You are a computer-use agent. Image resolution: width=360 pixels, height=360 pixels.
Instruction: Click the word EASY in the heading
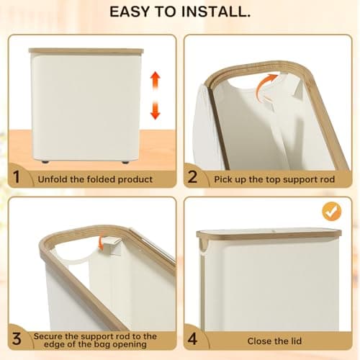(x=130, y=12)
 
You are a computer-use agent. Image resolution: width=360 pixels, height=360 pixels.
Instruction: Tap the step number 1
(x=17, y=177)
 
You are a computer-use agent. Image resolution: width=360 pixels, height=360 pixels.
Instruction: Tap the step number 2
(x=192, y=177)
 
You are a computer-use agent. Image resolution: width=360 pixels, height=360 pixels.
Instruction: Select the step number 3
(x=17, y=339)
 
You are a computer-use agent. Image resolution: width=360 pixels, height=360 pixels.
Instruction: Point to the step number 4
(x=192, y=339)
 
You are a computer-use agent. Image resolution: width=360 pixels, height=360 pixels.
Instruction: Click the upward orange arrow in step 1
(x=156, y=81)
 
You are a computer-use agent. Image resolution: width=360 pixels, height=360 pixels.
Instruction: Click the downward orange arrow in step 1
(x=156, y=110)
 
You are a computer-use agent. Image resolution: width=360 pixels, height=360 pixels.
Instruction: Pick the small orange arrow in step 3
(x=101, y=243)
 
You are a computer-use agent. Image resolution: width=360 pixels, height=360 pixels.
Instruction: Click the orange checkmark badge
(x=332, y=211)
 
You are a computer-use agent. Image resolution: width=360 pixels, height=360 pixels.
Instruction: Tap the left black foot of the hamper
(x=45, y=162)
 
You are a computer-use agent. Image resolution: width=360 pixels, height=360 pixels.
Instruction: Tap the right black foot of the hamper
(x=125, y=162)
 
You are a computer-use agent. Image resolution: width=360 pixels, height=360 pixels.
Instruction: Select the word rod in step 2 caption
(x=328, y=179)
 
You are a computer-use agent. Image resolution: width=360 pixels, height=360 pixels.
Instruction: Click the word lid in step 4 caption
(x=296, y=341)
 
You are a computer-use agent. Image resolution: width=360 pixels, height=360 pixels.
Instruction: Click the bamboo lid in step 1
(x=86, y=51)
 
